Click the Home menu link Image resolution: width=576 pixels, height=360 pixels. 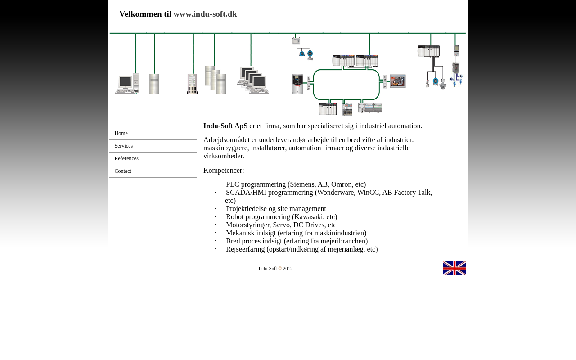tap(121, 133)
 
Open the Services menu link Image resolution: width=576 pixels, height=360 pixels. tap(124, 146)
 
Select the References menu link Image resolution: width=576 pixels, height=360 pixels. tap(126, 158)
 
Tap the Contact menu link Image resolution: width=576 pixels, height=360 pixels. tap(123, 171)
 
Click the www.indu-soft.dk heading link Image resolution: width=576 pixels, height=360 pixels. tap(205, 14)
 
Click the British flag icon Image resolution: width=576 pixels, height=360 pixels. tap(454, 268)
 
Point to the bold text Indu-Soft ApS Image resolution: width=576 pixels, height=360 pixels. tap(225, 126)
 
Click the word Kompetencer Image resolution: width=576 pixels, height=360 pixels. tap(224, 171)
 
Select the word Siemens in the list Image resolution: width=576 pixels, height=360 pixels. tap(302, 184)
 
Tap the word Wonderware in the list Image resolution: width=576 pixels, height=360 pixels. tap(336, 193)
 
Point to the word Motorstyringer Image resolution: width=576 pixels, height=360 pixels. tap(247, 225)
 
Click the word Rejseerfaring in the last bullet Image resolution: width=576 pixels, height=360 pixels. tap(245, 249)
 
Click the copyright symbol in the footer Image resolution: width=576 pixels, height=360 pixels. tap(280, 269)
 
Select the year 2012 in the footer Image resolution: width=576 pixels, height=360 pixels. tap(288, 269)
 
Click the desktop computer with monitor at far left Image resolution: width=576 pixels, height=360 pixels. tap(126, 84)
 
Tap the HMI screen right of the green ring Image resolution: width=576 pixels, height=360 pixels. tap(398, 81)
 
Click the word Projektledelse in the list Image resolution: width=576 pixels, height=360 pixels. tap(247, 209)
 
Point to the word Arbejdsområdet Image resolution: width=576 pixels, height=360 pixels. tap(226, 140)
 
